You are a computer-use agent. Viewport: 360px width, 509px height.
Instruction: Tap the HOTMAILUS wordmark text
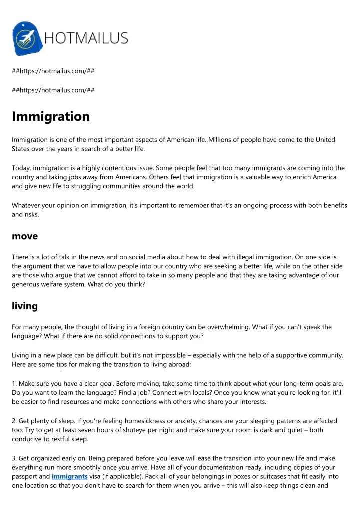coord(86,38)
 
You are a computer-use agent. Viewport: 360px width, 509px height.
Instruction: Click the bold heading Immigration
coord(51,116)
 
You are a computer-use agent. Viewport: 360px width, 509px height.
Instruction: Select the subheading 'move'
coord(25,236)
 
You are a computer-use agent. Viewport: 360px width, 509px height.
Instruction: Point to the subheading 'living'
coord(25,306)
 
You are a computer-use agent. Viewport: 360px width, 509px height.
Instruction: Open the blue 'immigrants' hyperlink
coord(69,476)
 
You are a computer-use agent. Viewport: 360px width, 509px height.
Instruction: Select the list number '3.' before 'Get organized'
coord(15,458)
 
